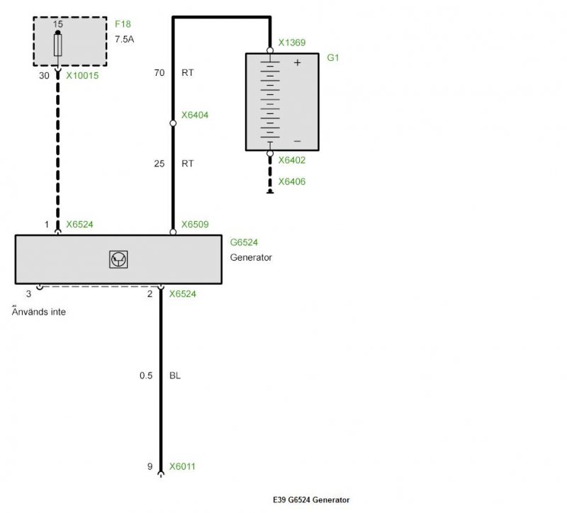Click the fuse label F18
123,24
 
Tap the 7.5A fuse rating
125,39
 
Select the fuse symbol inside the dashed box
58,45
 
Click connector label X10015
82,76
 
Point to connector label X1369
292,43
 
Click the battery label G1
332,57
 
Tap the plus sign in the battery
297,62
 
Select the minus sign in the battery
297,141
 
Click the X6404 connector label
194,115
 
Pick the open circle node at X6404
173,123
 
